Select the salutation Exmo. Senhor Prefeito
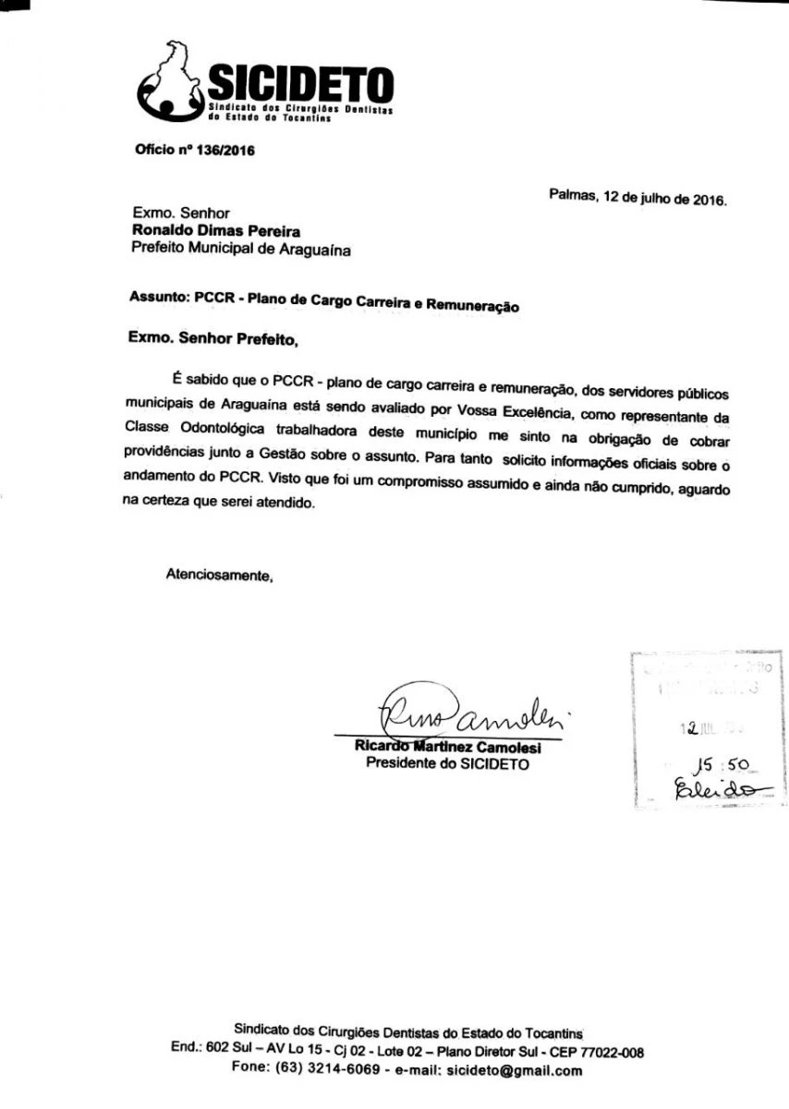[x=213, y=339]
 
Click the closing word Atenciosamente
[x=220, y=574]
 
